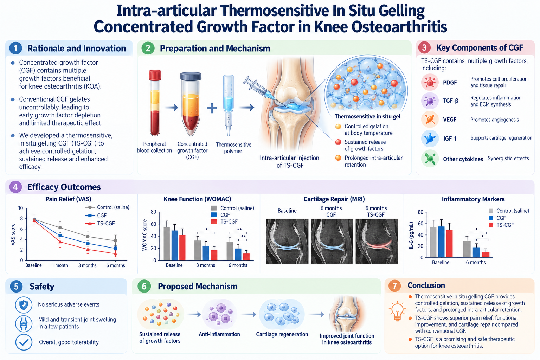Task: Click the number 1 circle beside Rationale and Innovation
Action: (15, 48)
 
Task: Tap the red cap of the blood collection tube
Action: (155, 75)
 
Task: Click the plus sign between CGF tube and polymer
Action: (212, 108)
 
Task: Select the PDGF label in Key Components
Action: (450, 83)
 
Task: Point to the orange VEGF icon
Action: (430, 120)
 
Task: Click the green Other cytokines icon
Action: (430, 159)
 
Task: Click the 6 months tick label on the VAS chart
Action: (116, 265)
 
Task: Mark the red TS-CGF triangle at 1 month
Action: (60, 242)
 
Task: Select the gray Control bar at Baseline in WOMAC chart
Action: (167, 244)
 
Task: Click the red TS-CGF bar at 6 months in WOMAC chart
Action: (246, 257)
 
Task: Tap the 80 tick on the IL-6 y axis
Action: (420, 212)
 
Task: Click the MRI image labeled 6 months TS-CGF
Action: (377, 242)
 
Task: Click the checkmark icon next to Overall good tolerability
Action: (24, 342)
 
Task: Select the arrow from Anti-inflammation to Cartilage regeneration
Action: (249, 314)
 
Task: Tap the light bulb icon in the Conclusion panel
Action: (397, 311)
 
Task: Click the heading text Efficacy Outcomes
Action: (64, 187)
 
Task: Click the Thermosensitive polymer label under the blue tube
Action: (233, 148)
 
